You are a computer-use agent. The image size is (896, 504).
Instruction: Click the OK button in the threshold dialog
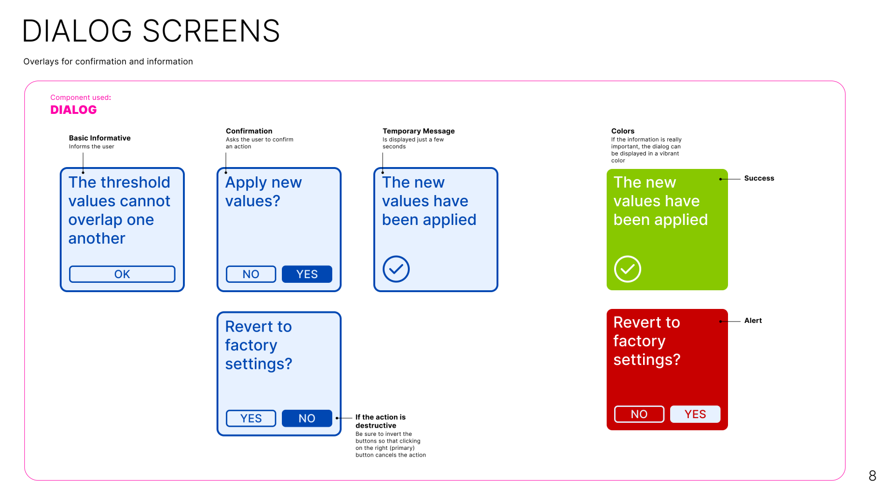pos(122,274)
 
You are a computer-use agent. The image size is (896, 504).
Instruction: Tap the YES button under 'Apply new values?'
pos(307,274)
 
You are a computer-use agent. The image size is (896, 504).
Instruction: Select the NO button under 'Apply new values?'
pos(251,274)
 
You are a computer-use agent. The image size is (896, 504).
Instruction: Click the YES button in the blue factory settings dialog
pos(251,418)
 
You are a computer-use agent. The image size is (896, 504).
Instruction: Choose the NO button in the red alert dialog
pos(639,414)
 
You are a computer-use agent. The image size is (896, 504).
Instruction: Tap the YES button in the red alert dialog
pos(695,414)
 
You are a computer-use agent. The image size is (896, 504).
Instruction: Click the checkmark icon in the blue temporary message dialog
pos(396,269)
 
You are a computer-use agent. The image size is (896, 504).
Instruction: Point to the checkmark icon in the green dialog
pos(628,269)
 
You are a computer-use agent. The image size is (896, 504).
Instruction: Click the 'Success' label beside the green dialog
pos(759,178)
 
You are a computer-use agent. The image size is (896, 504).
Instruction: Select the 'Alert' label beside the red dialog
pos(753,321)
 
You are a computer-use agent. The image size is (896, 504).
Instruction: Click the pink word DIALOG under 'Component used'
pos(74,110)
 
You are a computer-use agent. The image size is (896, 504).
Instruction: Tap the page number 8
pos(873,476)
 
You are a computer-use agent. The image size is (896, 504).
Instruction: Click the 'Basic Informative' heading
pos(100,138)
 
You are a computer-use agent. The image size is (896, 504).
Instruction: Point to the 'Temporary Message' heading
pos(419,131)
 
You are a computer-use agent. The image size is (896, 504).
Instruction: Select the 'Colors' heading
pos(623,131)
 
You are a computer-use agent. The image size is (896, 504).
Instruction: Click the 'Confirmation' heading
pos(249,131)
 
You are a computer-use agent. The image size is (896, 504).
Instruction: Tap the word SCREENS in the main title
pos(211,31)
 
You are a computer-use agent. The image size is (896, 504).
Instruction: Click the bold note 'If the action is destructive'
pos(381,421)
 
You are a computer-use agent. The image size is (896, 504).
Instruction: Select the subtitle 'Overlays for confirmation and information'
pos(108,62)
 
